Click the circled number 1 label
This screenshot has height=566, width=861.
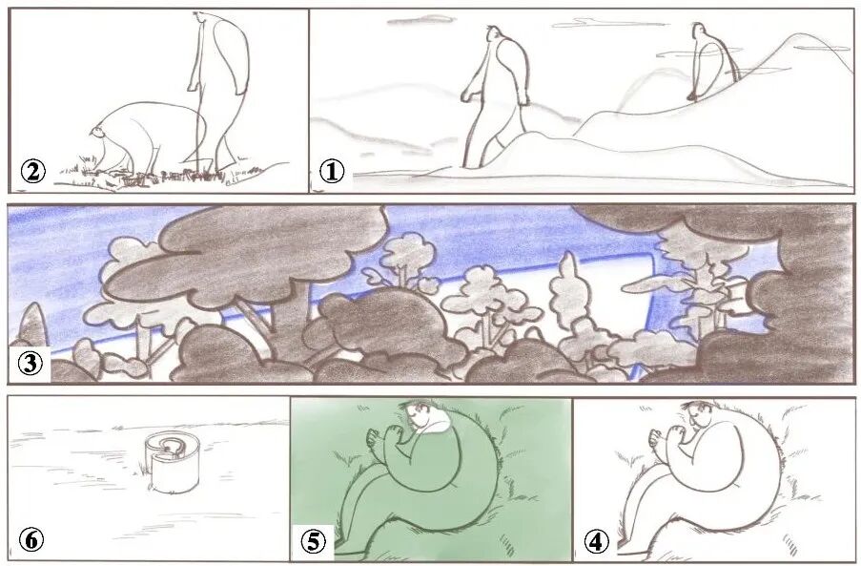pyautogui.click(x=332, y=172)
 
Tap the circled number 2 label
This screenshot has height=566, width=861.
pyautogui.click(x=33, y=172)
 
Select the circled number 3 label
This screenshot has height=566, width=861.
pyautogui.click(x=30, y=364)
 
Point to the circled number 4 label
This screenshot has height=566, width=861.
pyautogui.click(x=596, y=541)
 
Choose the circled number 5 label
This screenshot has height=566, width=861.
pyautogui.click(x=314, y=541)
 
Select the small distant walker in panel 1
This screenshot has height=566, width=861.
pyautogui.click(x=711, y=61)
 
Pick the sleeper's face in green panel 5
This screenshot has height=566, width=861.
pyautogui.click(x=418, y=415)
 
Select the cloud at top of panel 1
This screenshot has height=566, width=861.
pyautogui.click(x=422, y=21)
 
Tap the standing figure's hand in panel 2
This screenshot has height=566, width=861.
pyautogui.click(x=193, y=86)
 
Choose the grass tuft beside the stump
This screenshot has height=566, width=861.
pyautogui.click(x=143, y=469)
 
